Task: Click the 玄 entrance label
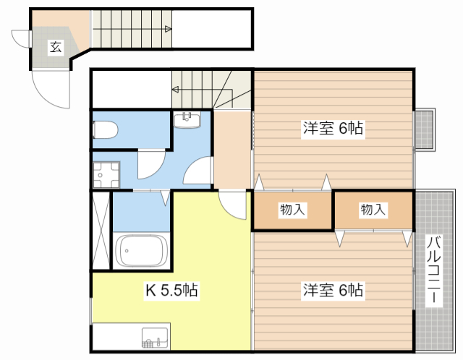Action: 56,47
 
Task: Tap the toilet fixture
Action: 105,129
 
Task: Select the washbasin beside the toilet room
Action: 187,119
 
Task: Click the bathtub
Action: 140,251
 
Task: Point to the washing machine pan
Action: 106,175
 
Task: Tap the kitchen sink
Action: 155,338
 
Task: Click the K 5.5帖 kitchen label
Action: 171,289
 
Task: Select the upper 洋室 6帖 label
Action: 333,128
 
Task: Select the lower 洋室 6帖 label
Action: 333,290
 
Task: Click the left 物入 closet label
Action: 292,210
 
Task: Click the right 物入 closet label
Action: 373,210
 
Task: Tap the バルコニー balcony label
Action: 433,269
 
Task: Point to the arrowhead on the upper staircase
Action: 169,29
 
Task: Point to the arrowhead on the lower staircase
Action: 175,89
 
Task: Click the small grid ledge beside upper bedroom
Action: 424,130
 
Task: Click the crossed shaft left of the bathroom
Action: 101,230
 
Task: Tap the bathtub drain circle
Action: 127,251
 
